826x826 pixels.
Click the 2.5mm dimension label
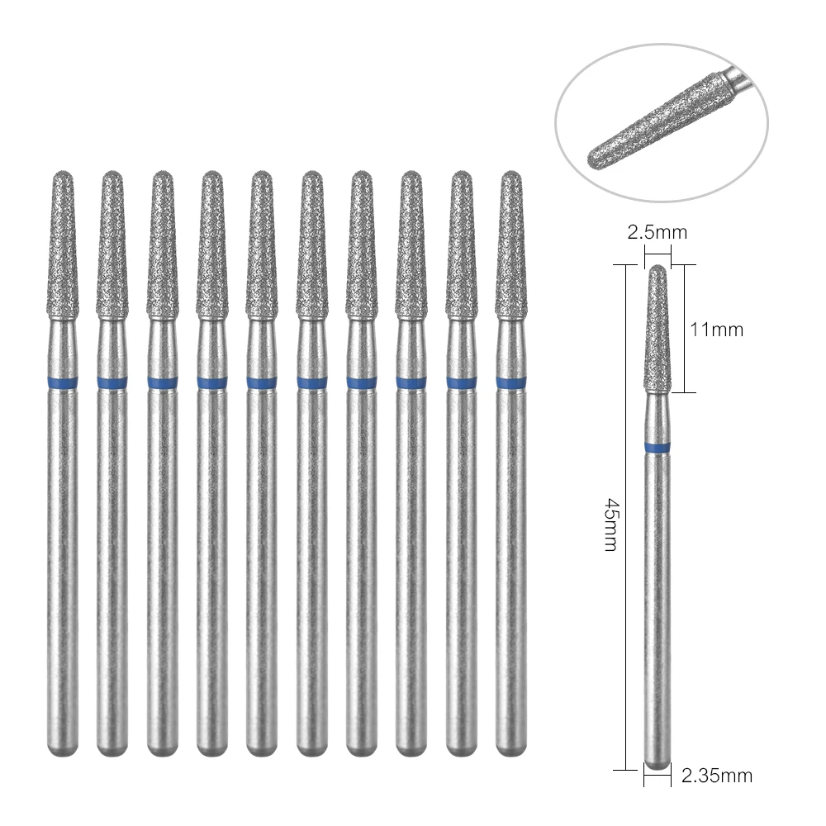click(x=657, y=232)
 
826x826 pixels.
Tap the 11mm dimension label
click(x=717, y=330)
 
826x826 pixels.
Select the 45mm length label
click(x=612, y=525)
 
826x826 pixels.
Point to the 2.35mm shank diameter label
click(x=717, y=775)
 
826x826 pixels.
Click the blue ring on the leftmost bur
click(x=61, y=382)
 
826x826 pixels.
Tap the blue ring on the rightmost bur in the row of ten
click(x=512, y=382)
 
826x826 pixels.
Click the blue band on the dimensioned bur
click(x=657, y=448)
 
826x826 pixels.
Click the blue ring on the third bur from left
click(x=162, y=382)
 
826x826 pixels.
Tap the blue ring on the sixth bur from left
click(x=312, y=382)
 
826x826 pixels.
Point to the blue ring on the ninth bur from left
click(x=463, y=382)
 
